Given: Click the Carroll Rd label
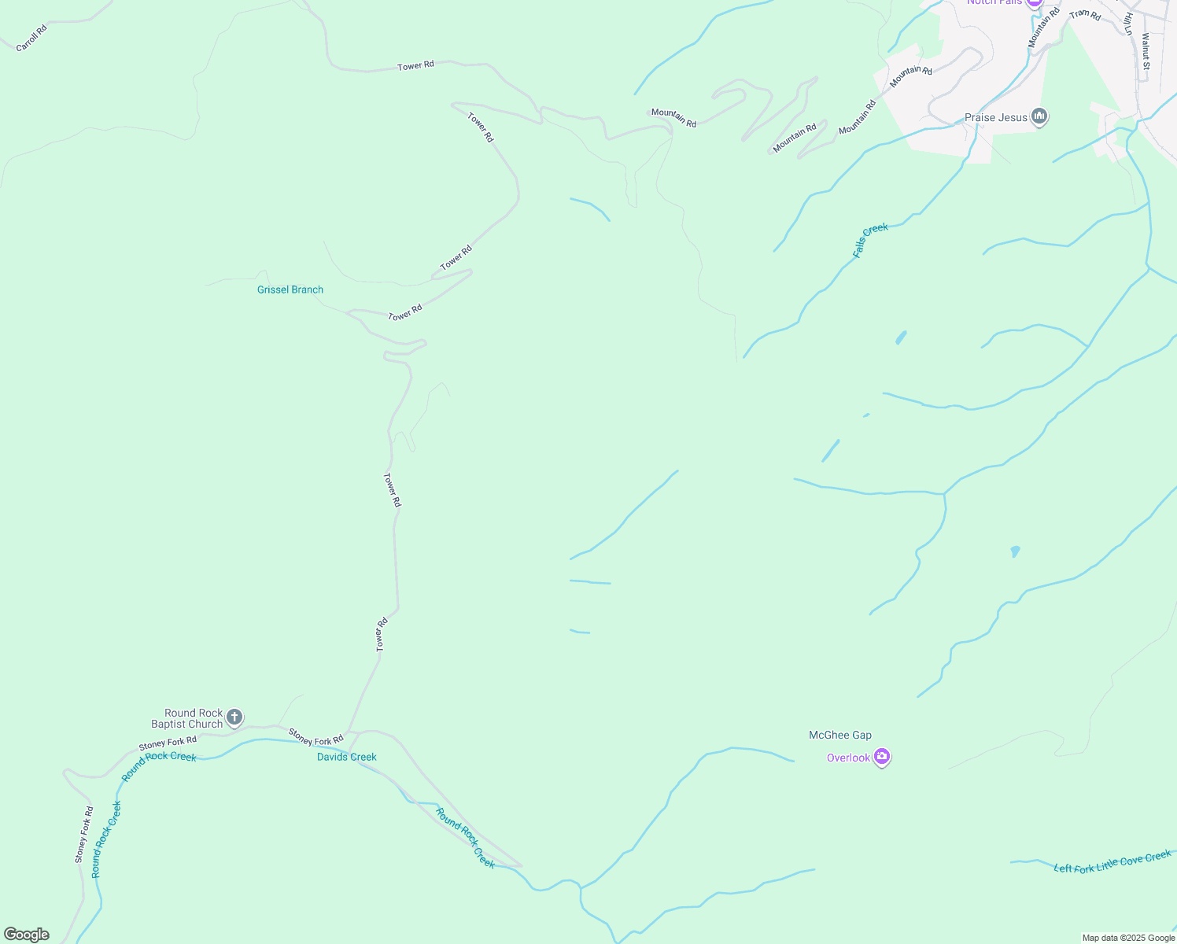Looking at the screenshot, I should pyautogui.click(x=31, y=38).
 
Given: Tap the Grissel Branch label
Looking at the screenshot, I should pyautogui.click(x=290, y=289).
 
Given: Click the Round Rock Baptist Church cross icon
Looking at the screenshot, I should pyautogui.click(x=234, y=717).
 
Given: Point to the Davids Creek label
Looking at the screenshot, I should pyautogui.click(x=346, y=757).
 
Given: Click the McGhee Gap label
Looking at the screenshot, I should pyautogui.click(x=840, y=735).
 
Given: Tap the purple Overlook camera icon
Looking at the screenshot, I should pyautogui.click(x=882, y=757).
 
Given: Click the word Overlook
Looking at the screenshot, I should pyautogui.click(x=848, y=758).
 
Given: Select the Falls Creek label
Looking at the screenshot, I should pyautogui.click(x=870, y=240).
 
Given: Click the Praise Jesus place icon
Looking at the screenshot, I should pyautogui.click(x=1039, y=117).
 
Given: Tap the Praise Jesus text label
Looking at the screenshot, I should pyautogui.click(x=996, y=117).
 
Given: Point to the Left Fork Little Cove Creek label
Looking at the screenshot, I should pyautogui.click(x=1112, y=862).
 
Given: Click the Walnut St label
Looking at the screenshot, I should pyautogui.click(x=1146, y=50).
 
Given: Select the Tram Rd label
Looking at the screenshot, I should pyautogui.click(x=1085, y=14).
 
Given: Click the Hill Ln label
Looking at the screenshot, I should pyautogui.click(x=1128, y=24).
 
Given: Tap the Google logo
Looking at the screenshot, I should pyautogui.click(x=27, y=935).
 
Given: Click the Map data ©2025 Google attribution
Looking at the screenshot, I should pyautogui.click(x=1128, y=938).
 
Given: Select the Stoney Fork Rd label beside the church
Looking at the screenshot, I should pyautogui.click(x=168, y=743).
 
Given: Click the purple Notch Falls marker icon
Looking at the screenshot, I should pyautogui.click(x=1035, y=2).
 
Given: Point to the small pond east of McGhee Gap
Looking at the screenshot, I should pyautogui.click(x=1015, y=551).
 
